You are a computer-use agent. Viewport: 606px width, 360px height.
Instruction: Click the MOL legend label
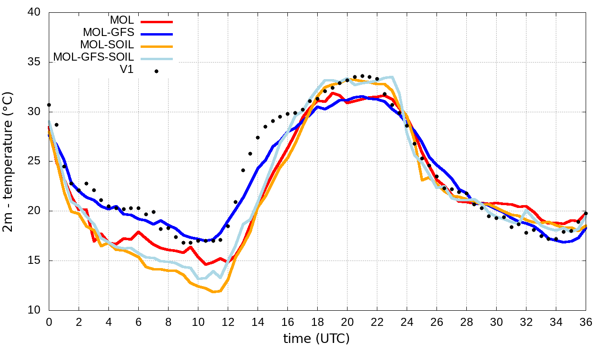[x=122, y=20]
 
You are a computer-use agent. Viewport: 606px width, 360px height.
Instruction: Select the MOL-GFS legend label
[x=108, y=33]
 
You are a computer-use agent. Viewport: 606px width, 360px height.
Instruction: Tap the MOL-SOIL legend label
[x=107, y=45]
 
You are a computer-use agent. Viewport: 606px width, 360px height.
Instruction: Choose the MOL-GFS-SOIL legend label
[x=94, y=57]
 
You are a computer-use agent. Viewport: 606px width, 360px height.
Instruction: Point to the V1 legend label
[x=126, y=70]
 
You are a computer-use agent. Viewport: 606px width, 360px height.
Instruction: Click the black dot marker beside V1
[x=156, y=71]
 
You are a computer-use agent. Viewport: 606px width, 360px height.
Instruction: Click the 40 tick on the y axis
[x=37, y=13]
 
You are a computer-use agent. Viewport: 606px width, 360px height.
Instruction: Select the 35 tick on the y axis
[x=37, y=63]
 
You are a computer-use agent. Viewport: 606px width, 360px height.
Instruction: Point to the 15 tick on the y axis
[x=37, y=261]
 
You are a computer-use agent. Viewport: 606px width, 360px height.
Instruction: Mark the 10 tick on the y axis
[x=37, y=310]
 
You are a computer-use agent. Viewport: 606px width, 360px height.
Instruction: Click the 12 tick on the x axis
[x=228, y=322]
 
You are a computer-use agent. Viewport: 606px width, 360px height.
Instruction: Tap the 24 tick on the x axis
[x=407, y=322]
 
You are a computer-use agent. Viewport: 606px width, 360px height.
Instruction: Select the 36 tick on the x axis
[x=586, y=322]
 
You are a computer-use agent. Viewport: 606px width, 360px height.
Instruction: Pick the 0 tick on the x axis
[x=49, y=322]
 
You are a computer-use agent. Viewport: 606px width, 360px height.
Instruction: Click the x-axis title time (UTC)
[x=316, y=339]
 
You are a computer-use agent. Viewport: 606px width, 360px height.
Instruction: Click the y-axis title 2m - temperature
[x=9, y=161]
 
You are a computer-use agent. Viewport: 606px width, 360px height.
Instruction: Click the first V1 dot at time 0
[x=49, y=105]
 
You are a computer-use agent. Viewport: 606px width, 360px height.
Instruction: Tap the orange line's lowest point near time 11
[x=214, y=292]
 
